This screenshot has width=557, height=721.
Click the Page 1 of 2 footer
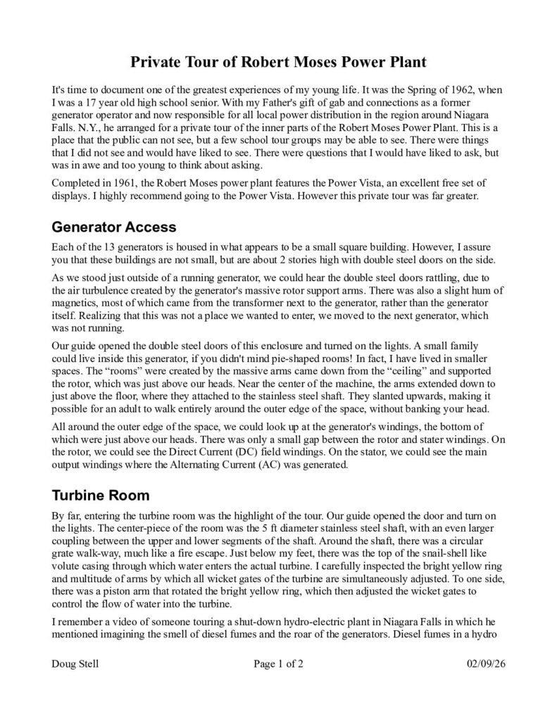coord(277,664)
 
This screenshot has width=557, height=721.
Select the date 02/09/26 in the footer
coord(485,664)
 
